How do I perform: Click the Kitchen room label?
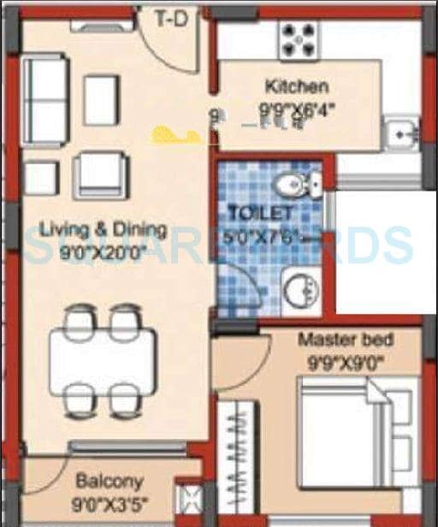[x=296, y=86]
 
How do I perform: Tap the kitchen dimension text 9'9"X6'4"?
[x=297, y=109]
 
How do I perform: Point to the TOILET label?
[x=260, y=211]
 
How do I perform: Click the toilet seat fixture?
[x=296, y=181]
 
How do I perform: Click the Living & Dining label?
[x=103, y=228]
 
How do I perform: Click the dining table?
[x=103, y=358]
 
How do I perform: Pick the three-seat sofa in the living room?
[x=43, y=100]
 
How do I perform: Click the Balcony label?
[x=109, y=481]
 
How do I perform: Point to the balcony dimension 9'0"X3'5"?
[x=109, y=502]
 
